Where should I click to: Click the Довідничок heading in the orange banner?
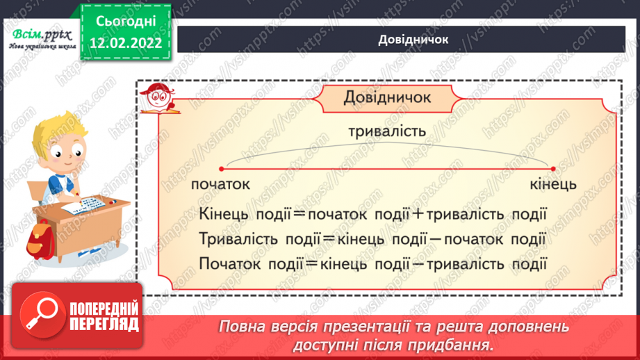pyautogui.click(x=387, y=98)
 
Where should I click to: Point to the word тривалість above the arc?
pyautogui.click(x=387, y=131)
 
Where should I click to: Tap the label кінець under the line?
pyautogui.click(x=552, y=185)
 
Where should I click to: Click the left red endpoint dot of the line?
pyautogui.click(x=221, y=169)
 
